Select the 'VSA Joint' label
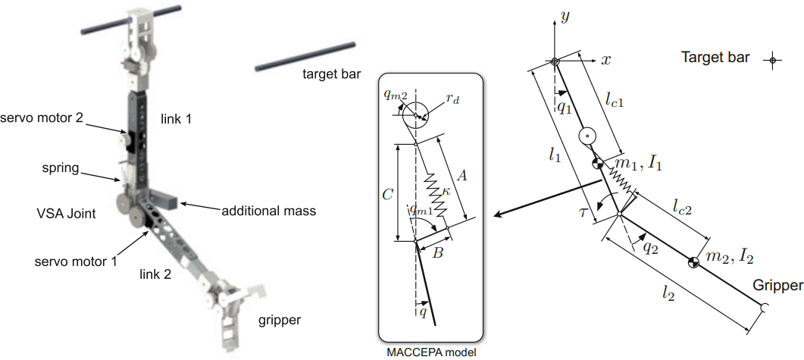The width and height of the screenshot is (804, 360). click(x=65, y=214)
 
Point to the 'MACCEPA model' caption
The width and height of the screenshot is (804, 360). click(x=431, y=352)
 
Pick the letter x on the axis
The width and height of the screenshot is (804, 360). click(x=605, y=59)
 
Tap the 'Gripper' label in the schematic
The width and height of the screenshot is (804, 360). click(x=778, y=286)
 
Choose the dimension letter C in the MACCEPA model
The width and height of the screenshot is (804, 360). click(x=388, y=194)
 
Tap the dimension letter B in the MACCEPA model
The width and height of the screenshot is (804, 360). click(x=437, y=253)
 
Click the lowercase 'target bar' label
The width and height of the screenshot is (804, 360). click(x=331, y=74)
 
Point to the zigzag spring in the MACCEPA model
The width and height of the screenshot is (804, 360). click(x=436, y=194)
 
